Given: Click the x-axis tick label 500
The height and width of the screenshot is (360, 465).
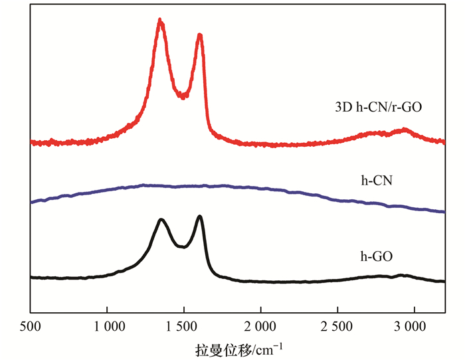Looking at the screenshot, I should pos(31,327).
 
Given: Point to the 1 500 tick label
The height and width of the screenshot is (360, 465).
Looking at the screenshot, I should pos(183,327).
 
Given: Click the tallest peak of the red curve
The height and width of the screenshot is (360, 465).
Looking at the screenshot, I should pos(160,21).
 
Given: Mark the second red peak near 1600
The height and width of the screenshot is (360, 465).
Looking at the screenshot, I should pos(199,36).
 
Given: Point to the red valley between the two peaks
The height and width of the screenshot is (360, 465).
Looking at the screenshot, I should pos(183,96).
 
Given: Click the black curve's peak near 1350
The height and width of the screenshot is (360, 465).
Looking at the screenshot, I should pos(161,220).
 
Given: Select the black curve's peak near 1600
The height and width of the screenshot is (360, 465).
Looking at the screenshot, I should pos(199,217).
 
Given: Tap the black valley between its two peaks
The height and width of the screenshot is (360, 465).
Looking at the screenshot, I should pos(181,246).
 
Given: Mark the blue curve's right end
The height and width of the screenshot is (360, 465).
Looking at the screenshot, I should pos(443,211).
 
